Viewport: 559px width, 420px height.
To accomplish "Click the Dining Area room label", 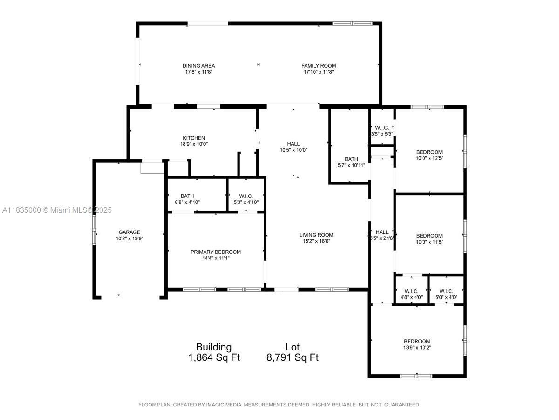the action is tap(198, 66).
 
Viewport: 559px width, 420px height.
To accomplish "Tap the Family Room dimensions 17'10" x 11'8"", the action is tap(319, 72).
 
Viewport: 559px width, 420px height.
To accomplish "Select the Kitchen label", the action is tap(194, 138).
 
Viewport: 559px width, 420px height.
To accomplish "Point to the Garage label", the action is tap(130, 232).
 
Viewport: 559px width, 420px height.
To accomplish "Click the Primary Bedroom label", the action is tap(216, 252).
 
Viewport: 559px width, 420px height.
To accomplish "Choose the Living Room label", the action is tap(316, 235).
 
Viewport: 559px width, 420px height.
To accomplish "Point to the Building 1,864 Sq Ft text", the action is tap(214, 352).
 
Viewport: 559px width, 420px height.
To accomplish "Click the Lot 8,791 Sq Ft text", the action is tap(293, 352).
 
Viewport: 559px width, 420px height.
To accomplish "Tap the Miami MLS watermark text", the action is tap(57, 210).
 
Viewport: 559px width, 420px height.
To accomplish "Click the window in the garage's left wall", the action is tap(94, 230).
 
